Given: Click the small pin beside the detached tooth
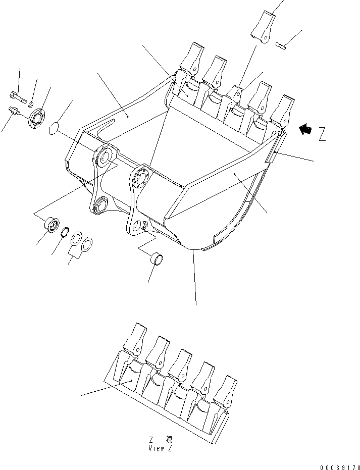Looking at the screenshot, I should click(x=282, y=47).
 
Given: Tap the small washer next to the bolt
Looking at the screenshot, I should click(x=31, y=104).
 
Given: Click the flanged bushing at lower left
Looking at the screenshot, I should click(x=52, y=225).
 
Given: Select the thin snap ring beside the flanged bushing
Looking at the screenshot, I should click(x=65, y=233).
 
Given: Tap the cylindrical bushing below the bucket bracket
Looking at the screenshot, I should click(x=158, y=260).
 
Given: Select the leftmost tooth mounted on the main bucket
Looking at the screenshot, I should click(x=192, y=60).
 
